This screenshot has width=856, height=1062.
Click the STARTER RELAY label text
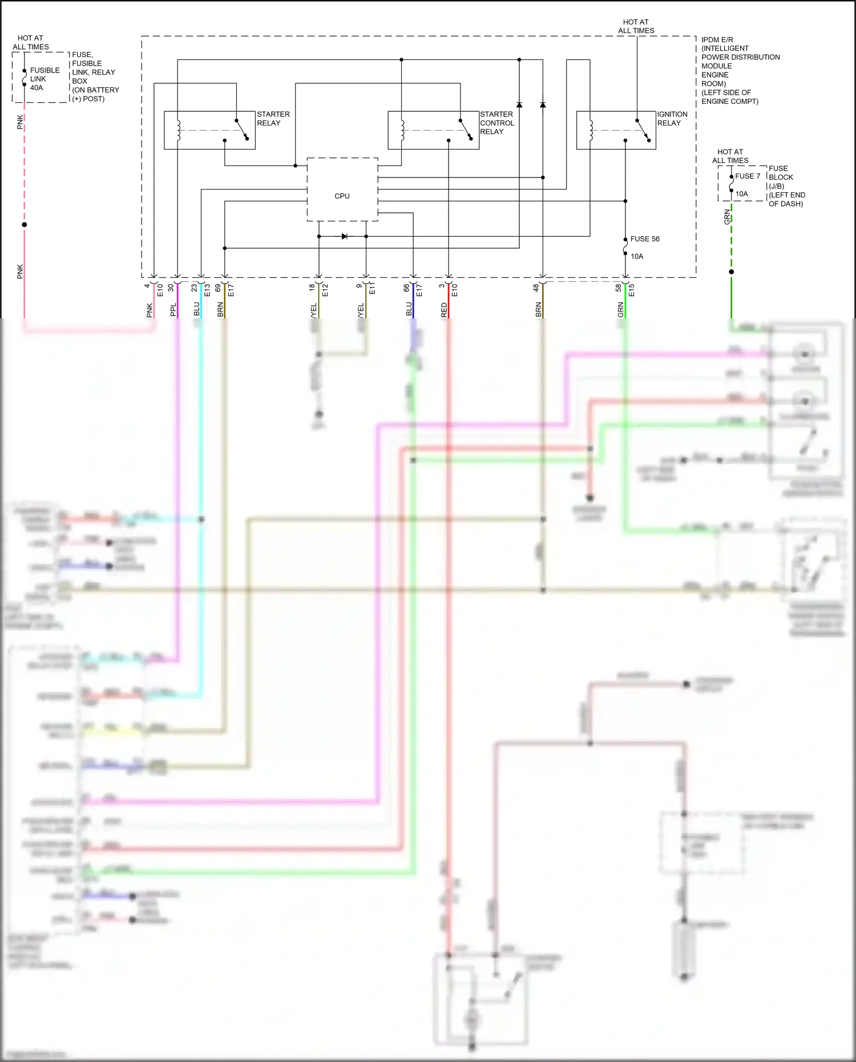coord(273,119)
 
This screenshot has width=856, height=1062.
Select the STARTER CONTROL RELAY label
coord(496,123)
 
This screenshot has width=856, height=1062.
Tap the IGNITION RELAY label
coord(672,119)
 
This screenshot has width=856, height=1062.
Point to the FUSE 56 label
coord(644,239)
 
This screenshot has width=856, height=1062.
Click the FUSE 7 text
coord(747,176)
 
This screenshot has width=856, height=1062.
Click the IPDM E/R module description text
coord(736,70)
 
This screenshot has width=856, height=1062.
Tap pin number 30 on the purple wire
coord(171,288)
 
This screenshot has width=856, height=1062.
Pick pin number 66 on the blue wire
coord(406,288)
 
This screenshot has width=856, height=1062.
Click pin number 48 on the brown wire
coord(536,288)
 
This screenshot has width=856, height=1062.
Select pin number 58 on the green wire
coord(619,288)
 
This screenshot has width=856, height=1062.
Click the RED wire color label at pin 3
coord(444,310)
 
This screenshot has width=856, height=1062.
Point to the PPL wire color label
coord(173,310)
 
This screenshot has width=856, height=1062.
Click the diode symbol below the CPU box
coord(344,236)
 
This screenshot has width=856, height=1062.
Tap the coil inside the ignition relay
coord(591,130)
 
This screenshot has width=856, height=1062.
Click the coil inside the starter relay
coord(179,130)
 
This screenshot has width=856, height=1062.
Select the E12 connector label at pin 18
coord(325,290)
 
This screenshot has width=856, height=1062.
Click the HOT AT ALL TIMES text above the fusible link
coord(31,42)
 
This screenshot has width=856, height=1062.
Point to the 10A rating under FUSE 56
coord(636,256)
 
